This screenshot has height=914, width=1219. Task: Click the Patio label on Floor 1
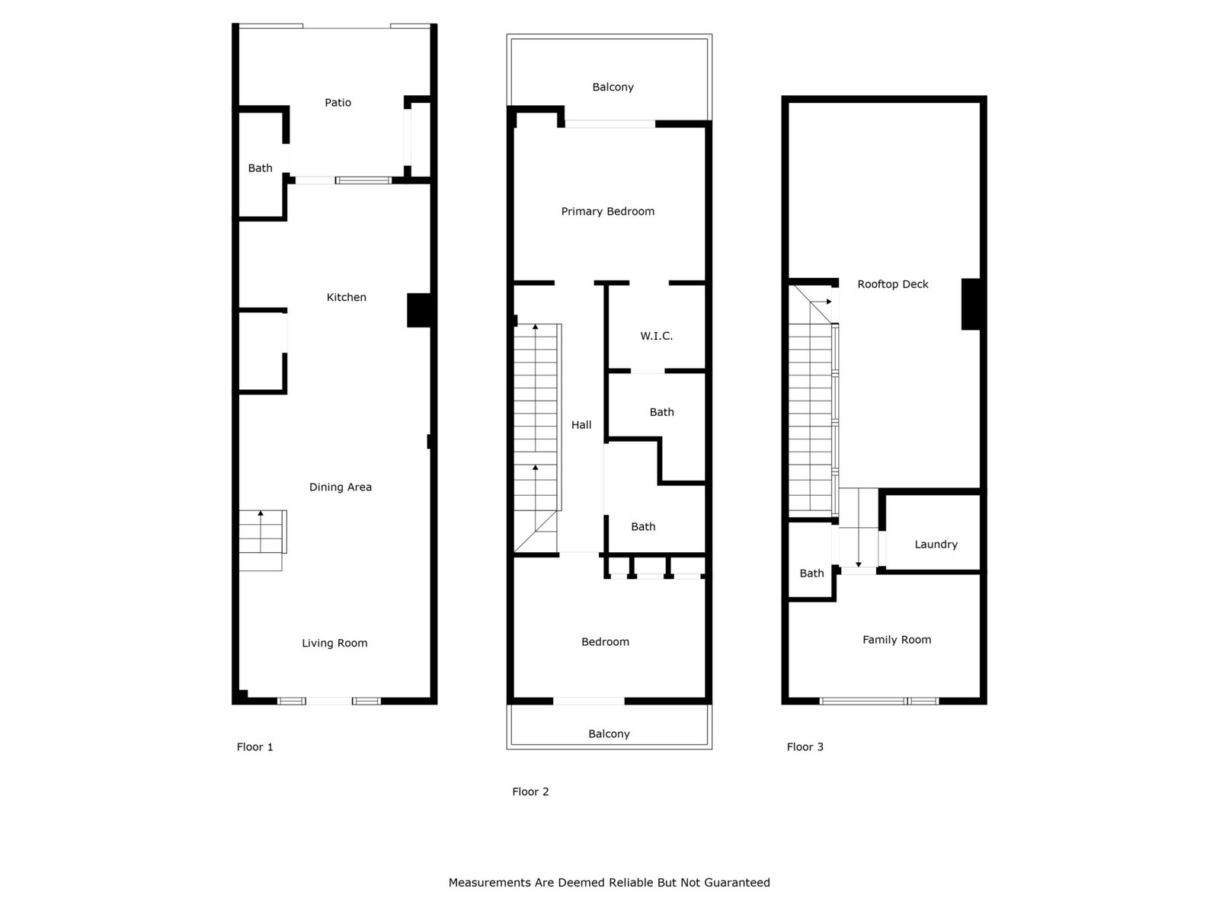click(x=338, y=103)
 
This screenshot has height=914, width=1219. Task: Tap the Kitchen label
click(x=346, y=298)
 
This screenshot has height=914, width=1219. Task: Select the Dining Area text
click(x=341, y=487)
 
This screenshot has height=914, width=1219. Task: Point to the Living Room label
click(x=334, y=643)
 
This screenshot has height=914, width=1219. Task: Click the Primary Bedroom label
click(x=607, y=212)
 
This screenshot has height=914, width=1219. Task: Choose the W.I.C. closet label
click(x=657, y=336)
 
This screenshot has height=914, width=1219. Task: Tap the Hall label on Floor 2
click(x=581, y=425)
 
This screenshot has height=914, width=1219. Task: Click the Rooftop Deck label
click(x=892, y=285)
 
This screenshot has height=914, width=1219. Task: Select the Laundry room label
click(x=936, y=545)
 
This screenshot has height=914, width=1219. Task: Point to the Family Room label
click(x=896, y=640)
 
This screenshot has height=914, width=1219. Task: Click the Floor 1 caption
click(x=255, y=747)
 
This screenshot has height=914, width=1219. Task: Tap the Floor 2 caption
click(x=530, y=792)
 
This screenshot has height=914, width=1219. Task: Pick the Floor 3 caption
click(x=805, y=747)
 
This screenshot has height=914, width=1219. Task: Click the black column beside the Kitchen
click(x=419, y=310)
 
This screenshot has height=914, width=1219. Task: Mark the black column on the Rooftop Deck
click(x=970, y=304)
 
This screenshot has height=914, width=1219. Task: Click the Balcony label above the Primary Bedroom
click(x=613, y=88)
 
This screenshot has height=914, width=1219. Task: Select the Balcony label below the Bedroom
click(x=609, y=734)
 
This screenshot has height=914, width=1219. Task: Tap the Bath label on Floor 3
click(x=811, y=574)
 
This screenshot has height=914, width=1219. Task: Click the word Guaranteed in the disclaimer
click(x=737, y=882)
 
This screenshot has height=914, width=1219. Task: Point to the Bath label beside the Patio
click(x=260, y=168)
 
